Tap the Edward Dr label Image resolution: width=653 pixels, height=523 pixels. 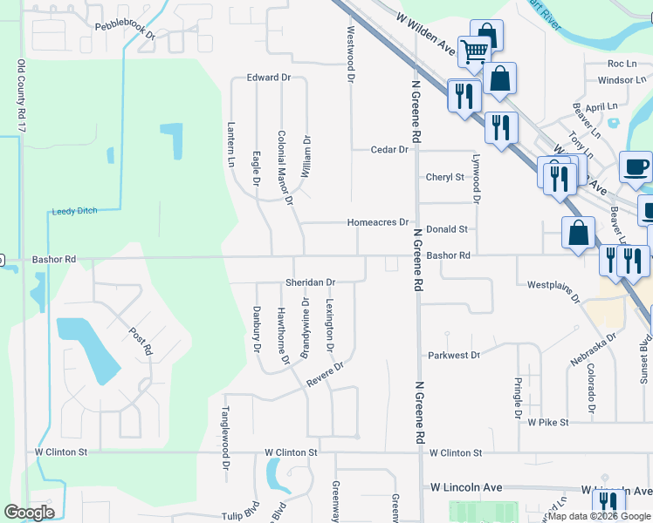click(268, 78)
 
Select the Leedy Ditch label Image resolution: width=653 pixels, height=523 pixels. click(75, 211)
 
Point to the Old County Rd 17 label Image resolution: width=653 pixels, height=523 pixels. click(21, 97)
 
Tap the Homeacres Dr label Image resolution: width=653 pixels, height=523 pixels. click(378, 222)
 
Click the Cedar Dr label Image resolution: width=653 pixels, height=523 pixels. click(389, 150)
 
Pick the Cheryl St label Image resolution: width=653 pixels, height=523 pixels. click(445, 177)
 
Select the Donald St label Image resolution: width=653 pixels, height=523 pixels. click(447, 228)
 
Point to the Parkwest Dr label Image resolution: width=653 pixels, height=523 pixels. click(454, 356)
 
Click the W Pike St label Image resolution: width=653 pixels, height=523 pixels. click(548, 422)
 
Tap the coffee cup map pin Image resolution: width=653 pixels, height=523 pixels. click(636, 166)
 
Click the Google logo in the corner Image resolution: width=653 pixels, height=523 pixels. click(30, 512)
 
